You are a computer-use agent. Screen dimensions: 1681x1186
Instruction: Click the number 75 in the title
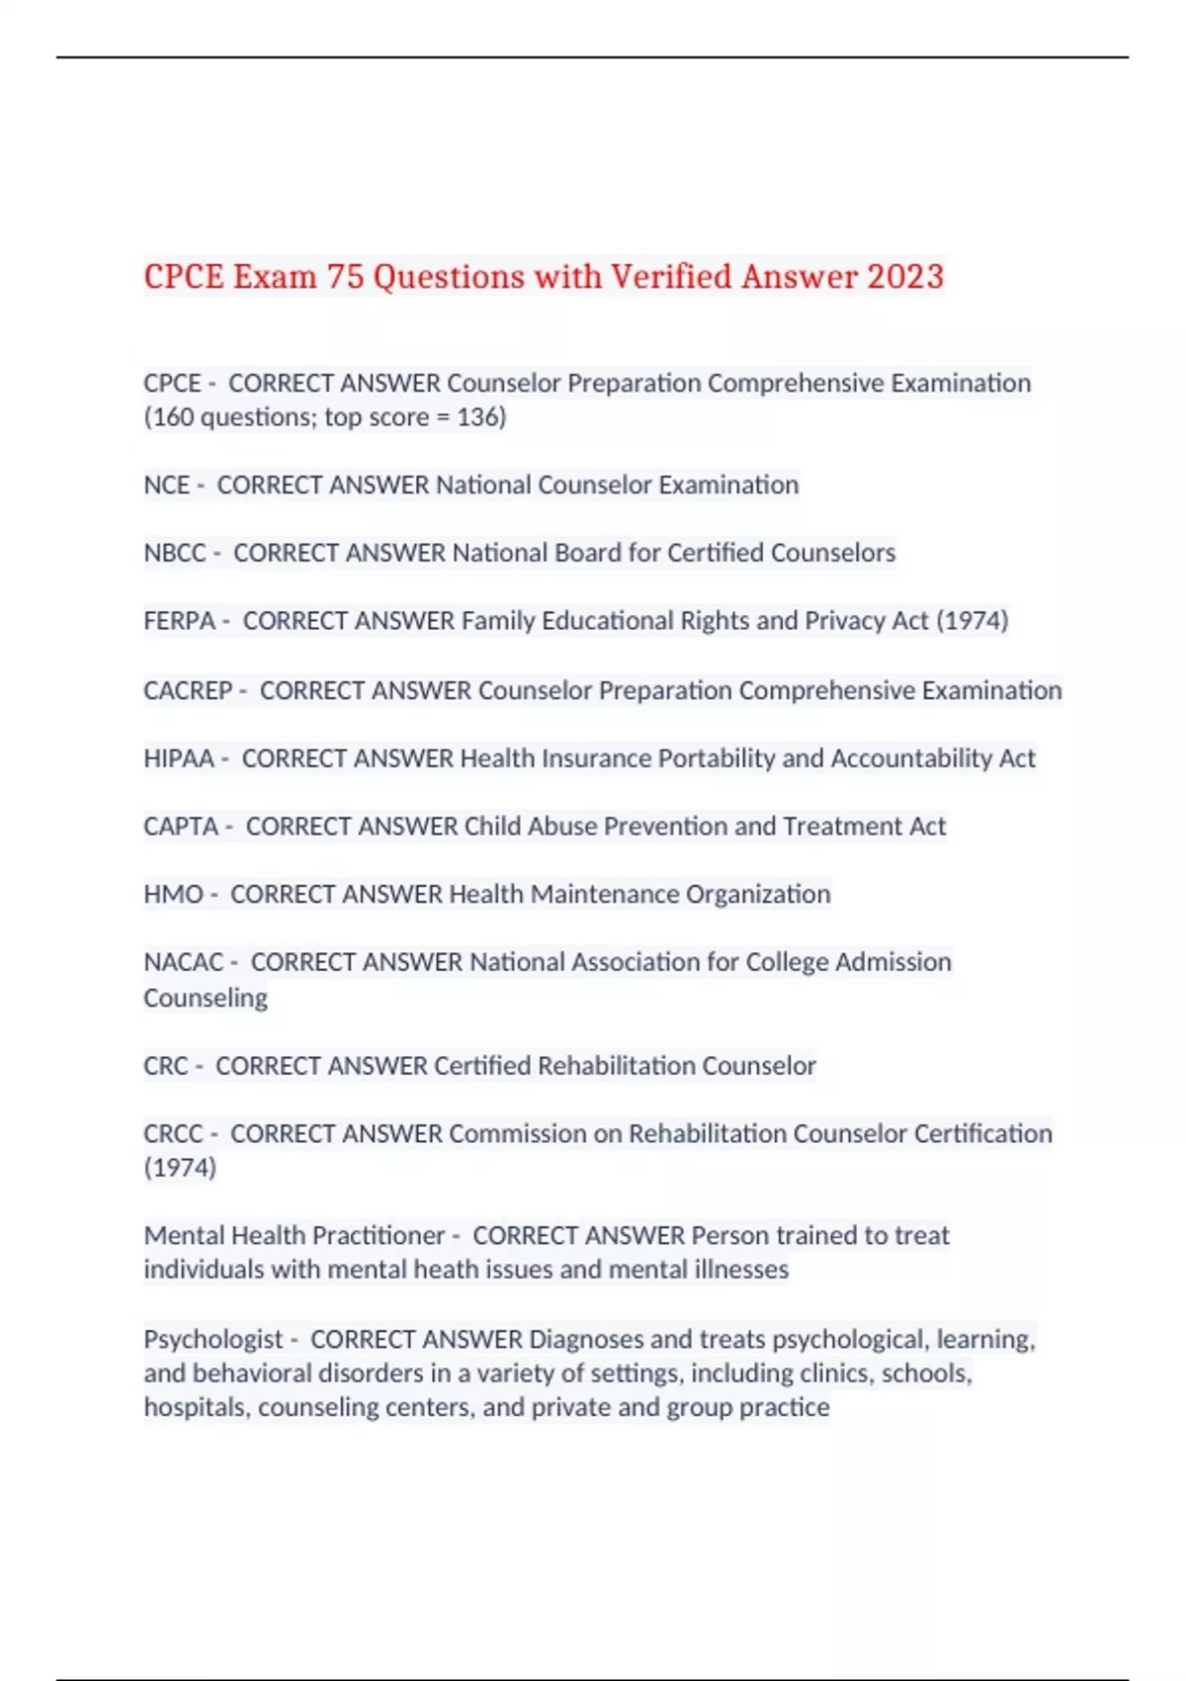click(x=345, y=276)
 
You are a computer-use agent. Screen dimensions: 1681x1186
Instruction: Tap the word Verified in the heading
click(x=671, y=276)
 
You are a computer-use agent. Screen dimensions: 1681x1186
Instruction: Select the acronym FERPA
click(x=179, y=621)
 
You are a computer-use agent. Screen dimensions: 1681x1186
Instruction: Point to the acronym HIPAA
click(x=179, y=758)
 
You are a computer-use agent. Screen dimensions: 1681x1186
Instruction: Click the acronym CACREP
click(x=188, y=690)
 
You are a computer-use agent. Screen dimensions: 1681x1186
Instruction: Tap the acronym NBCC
click(x=175, y=553)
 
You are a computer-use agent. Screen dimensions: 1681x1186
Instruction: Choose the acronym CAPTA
click(x=181, y=827)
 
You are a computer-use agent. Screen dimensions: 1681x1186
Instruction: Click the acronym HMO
click(x=173, y=895)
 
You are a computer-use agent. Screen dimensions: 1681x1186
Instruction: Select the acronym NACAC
click(x=184, y=962)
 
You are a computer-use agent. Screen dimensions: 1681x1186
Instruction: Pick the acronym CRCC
click(x=173, y=1134)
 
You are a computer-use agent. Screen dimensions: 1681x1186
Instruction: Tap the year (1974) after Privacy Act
click(x=972, y=621)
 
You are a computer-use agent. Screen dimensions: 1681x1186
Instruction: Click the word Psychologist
click(x=213, y=1340)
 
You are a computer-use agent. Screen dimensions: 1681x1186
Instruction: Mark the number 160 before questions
click(x=173, y=417)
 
